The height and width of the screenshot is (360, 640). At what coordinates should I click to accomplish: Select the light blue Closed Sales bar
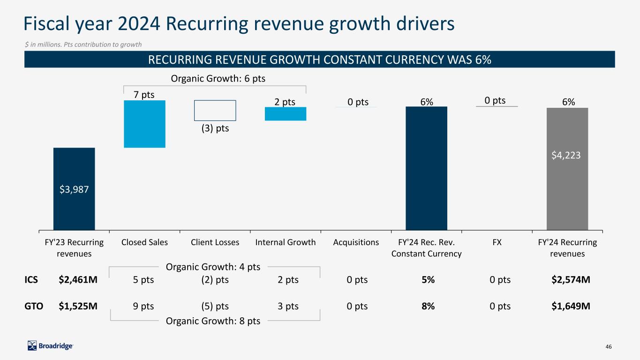(144, 124)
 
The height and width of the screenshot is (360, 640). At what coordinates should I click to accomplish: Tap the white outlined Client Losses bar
(215, 111)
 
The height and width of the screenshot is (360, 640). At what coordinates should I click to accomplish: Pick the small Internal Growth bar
(285, 114)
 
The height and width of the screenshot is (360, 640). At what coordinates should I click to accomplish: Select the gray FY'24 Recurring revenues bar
(567, 169)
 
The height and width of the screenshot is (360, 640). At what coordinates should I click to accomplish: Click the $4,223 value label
(567, 155)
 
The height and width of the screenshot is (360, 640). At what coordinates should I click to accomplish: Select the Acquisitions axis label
(356, 242)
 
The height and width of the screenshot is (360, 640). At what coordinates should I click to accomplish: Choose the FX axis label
(497, 242)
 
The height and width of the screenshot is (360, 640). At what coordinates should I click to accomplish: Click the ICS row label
(31, 280)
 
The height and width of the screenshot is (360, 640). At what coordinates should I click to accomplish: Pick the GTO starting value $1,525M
(78, 307)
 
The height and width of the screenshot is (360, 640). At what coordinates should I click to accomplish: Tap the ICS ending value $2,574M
(571, 280)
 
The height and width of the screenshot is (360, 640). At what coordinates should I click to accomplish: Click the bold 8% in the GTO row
(428, 307)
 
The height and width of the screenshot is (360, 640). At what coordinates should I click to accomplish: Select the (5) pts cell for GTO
(215, 307)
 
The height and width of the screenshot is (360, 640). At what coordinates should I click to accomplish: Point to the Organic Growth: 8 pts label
(213, 321)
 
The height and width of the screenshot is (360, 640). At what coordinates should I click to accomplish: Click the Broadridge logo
(50, 346)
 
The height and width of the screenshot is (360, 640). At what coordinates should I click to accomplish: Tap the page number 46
(609, 346)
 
